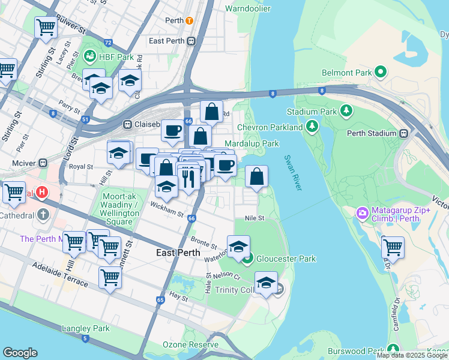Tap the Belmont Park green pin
(x=381, y=73)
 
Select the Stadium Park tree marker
(x=346, y=111)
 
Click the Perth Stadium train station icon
(x=404, y=133)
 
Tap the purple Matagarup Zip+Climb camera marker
(x=362, y=213)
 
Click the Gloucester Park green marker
(x=247, y=259)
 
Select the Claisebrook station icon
(x=127, y=125)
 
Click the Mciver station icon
(x=43, y=163)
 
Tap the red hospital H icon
(x=41, y=193)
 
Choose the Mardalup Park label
(x=252, y=144)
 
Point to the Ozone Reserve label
(x=190, y=344)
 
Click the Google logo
(x=20, y=353)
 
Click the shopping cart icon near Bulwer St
(x=46, y=26)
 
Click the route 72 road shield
(x=108, y=43)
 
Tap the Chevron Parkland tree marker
(x=312, y=127)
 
